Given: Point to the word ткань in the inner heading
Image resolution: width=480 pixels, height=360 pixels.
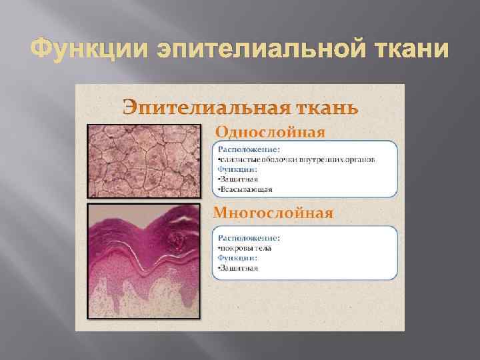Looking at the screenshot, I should [x=321, y=107].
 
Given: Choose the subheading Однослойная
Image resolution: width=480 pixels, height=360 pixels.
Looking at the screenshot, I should [x=269, y=131].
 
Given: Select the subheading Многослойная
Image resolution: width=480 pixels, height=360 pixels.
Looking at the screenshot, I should [x=273, y=213].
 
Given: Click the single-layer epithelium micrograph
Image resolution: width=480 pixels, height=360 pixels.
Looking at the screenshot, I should [x=143, y=161].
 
